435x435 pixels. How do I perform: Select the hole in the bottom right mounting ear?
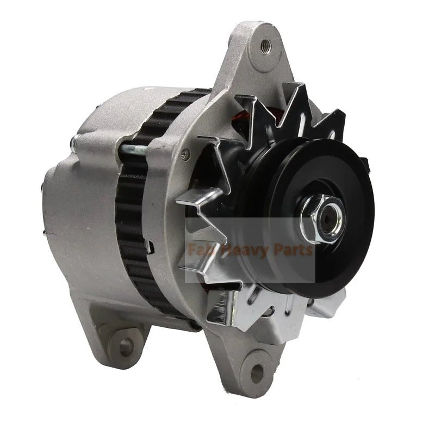(256, 372)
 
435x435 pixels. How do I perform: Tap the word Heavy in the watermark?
(243, 251)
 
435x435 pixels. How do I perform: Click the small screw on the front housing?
(187, 153)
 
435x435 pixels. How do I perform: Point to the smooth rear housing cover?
(82, 217)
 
